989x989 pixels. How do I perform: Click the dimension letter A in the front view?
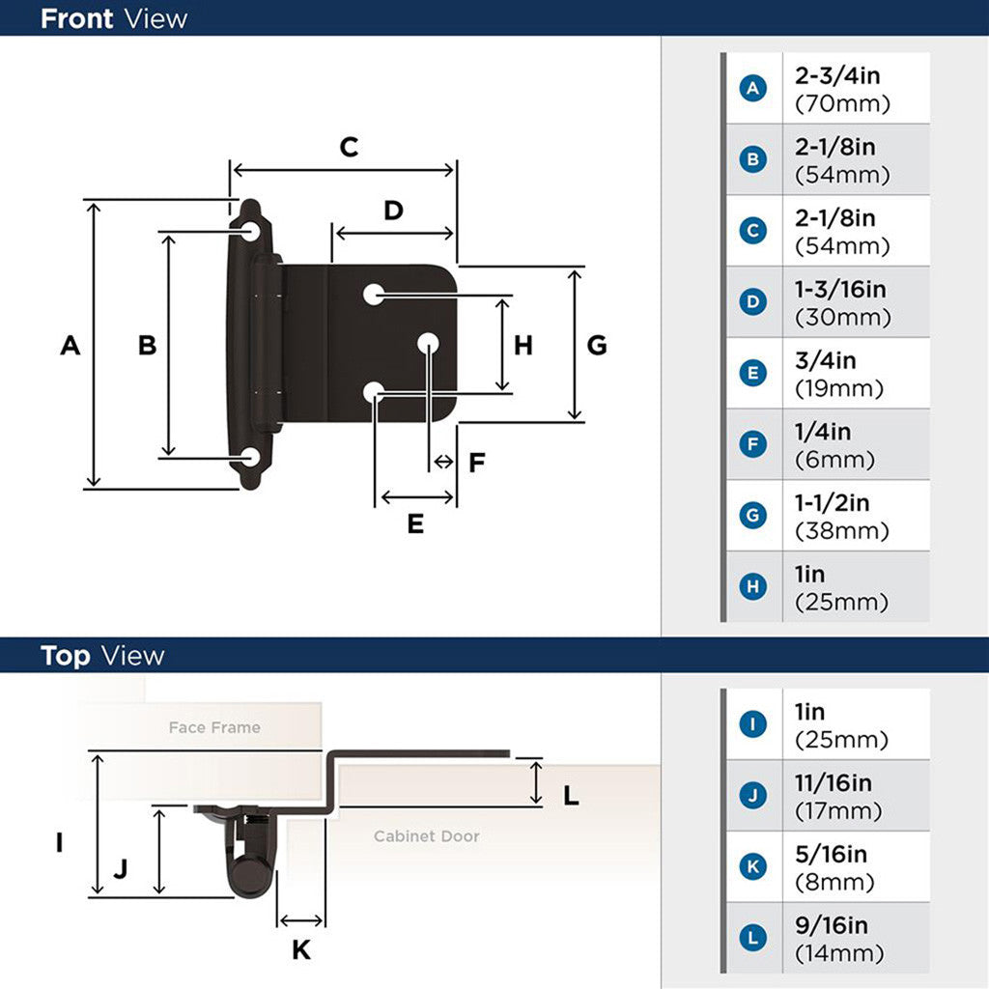pyautogui.click(x=70, y=345)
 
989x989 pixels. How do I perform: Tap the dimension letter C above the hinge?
pyautogui.click(x=349, y=147)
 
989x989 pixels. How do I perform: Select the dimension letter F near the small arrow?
pyautogui.click(x=476, y=463)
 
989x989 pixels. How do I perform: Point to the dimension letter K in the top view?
pyautogui.click(x=301, y=950)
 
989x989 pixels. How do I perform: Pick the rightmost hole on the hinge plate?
pyautogui.click(x=428, y=342)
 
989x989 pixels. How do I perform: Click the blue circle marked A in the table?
pyautogui.click(x=752, y=88)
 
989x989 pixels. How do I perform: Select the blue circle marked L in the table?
pyautogui.click(x=752, y=938)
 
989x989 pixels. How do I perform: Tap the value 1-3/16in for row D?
pyautogui.click(x=840, y=290)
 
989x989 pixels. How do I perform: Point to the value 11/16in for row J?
pyautogui.click(x=833, y=782)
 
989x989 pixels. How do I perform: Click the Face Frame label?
pyautogui.click(x=214, y=727)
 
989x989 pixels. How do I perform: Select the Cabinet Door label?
pyautogui.click(x=426, y=836)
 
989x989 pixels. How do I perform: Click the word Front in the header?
pyautogui.click(x=76, y=18)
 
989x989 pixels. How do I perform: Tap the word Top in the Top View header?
pyautogui.click(x=66, y=656)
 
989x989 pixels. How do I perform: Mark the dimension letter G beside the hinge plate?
pyautogui.click(x=597, y=345)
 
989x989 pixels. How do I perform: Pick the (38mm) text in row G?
pyautogui.click(x=841, y=531)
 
